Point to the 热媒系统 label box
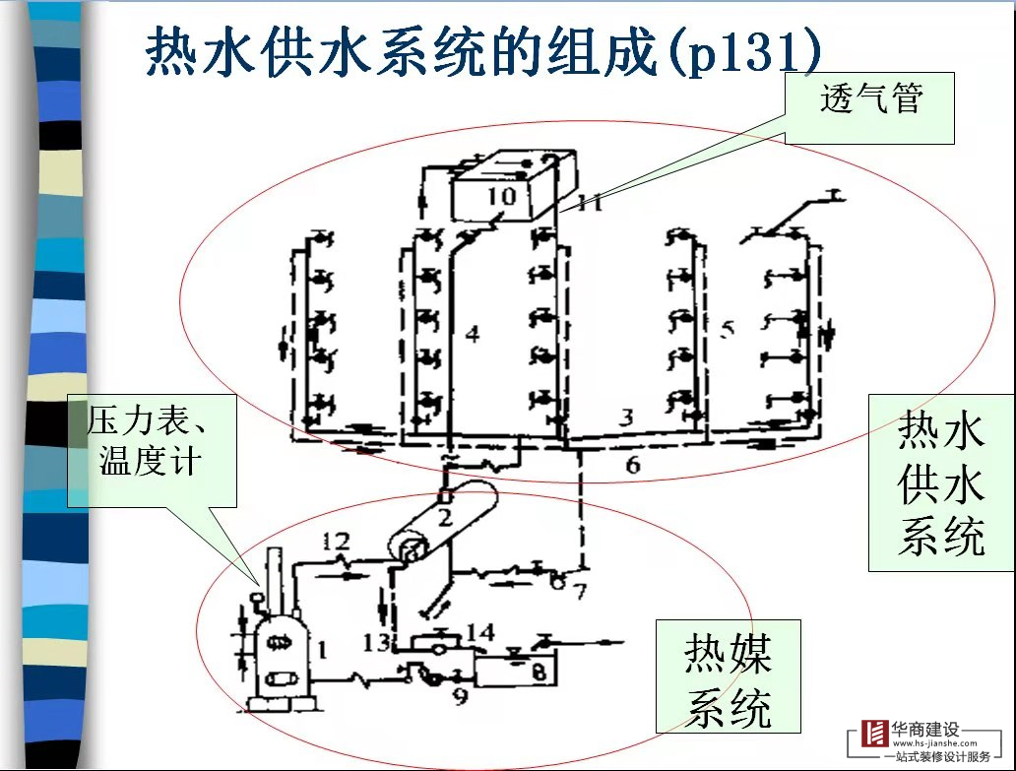click(729, 680)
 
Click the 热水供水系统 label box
click(940, 483)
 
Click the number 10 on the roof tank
click(501, 196)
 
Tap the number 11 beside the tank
click(590, 205)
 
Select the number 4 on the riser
click(472, 335)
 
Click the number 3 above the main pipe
click(625, 417)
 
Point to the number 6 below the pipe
click(633, 463)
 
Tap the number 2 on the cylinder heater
click(445, 515)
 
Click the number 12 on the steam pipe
click(335, 541)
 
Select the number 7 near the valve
click(580, 591)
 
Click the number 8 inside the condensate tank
click(539, 674)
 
